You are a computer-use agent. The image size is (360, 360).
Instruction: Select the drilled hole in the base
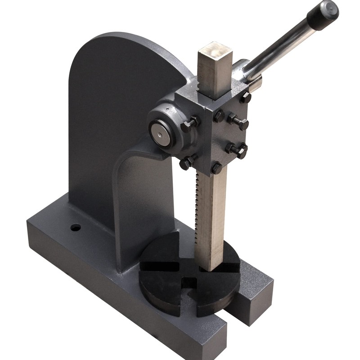click(x=76, y=228)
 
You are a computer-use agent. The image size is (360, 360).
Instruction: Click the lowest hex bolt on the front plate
click(x=216, y=167)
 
